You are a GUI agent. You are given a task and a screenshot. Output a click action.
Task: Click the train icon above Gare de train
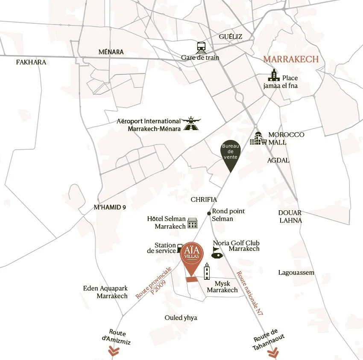[x=200, y=47]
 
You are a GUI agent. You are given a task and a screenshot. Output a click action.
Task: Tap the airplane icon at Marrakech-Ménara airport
[x=191, y=123]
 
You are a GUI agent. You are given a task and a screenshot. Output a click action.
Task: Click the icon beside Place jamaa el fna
[x=273, y=75]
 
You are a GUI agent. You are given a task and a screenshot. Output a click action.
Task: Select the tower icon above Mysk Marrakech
[x=207, y=271]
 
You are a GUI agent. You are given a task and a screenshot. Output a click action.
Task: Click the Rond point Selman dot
[x=208, y=213]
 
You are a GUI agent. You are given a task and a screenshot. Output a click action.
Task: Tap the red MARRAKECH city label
[x=290, y=59]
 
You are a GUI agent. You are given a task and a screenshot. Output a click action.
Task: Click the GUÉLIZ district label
[x=230, y=36]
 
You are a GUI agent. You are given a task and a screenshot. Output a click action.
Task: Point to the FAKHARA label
[x=31, y=62]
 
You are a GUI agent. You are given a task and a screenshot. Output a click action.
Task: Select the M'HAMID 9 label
[x=110, y=207]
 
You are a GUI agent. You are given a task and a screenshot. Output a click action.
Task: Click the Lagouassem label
[x=296, y=273]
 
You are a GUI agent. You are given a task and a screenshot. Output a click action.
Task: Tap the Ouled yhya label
[x=181, y=318]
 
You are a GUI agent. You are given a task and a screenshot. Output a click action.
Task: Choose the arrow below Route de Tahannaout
[x=272, y=354]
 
